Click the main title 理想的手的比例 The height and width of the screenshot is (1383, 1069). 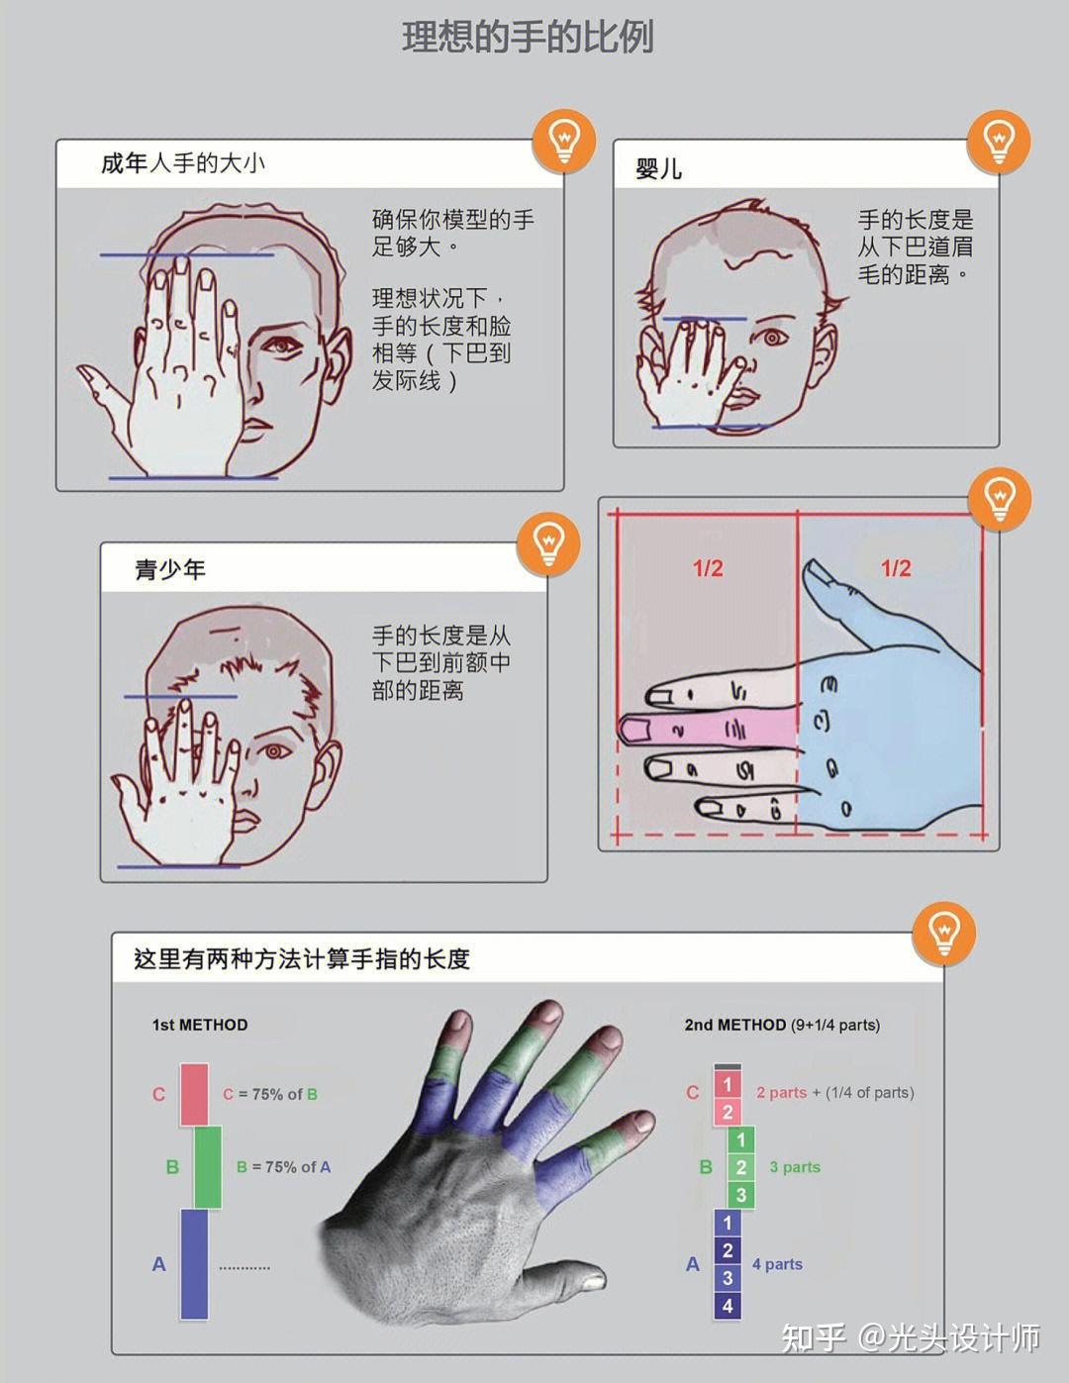tap(528, 38)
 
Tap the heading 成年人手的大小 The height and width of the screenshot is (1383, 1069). tap(183, 163)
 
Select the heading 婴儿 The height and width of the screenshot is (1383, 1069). tap(658, 169)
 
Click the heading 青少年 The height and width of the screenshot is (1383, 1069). tap(170, 569)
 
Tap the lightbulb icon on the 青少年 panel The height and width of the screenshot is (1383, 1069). tap(548, 543)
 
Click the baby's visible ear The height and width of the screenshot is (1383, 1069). tap(821, 346)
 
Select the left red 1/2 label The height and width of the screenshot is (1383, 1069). tap(708, 568)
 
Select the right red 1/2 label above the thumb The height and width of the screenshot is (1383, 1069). tap(896, 568)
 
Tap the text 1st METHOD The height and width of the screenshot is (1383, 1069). tap(200, 1025)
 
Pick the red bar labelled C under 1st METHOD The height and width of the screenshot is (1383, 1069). tap(194, 1094)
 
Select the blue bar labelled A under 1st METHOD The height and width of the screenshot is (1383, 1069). tap(194, 1264)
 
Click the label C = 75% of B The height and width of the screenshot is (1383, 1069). tap(270, 1094)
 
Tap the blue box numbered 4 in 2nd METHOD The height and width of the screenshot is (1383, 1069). tap(728, 1305)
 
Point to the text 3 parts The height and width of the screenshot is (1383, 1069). tap(795, 1167)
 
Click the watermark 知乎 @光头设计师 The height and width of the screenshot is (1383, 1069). tap(911, 1337)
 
